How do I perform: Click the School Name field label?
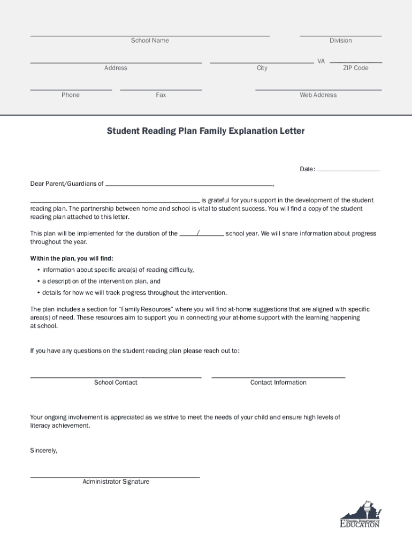[x=150, y=41]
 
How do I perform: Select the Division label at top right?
[x=340, y=41]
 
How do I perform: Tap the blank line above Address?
[x=116, y=62]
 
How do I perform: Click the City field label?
[x=262, y=68]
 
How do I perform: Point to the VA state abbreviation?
[x=321, y=62]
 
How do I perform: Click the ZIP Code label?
[x=355, y=68]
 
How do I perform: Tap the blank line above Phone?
[x=71, y=89]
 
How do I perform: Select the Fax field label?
[x=161, y=95]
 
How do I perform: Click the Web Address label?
[x=318, y=95]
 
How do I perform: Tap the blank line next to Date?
[x=348, y=170]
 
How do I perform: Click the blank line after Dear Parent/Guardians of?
[x=189, y=185]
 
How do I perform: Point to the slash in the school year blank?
[x=199, y=233]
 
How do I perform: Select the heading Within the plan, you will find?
[x=72, y=258]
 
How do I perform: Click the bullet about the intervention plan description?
[x=101, y=281]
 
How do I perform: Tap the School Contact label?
[x=116, y=383]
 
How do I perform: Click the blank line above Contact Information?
[x=278, y=377]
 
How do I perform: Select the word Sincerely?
[x=43, y=451]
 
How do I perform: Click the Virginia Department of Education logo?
[x=360, y=515]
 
